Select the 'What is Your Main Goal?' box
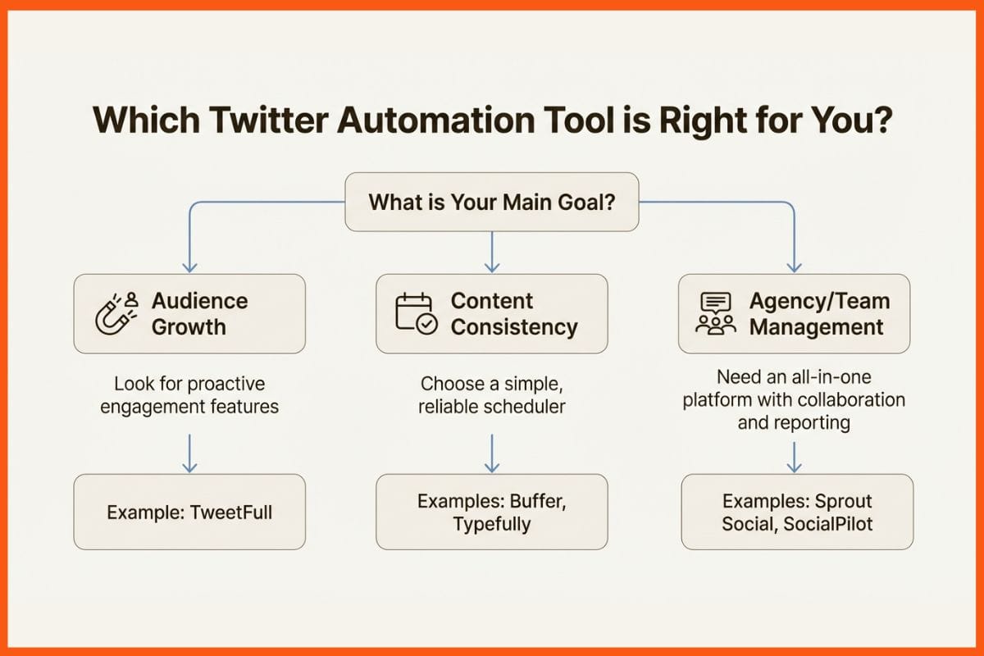pos(491,201)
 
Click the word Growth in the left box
pos(188,327)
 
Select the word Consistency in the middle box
pos(514,327)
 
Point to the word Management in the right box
pos(816,327)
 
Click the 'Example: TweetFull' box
pos(189,512)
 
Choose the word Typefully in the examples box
pos(492,523)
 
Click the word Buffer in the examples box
pos(536,501)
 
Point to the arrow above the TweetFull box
pos(189,453)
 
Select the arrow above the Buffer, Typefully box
pos(492,453)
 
